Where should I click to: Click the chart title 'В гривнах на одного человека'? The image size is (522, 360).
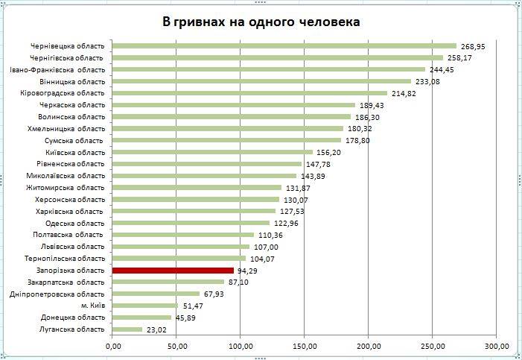[x=261, y=22]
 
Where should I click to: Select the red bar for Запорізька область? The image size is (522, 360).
[x=173, y=270]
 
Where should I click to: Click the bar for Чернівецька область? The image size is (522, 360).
[x=284, y=45]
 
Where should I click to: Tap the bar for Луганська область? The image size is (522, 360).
[x=127, y=329]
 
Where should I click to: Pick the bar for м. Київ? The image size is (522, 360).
[x=145, y=306]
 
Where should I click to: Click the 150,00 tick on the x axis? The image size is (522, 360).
[x=304, y=346]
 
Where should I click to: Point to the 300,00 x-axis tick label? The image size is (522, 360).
[x=496, y=346]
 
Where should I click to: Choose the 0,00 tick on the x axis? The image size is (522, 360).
[x=112, y=346]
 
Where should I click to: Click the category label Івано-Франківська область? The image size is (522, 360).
[x=57, y=69]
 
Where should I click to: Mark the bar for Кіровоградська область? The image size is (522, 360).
[x=249, y=93]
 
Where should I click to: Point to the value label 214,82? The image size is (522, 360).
[x=403, y=94]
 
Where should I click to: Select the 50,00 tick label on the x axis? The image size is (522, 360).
[x=176, y=346]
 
